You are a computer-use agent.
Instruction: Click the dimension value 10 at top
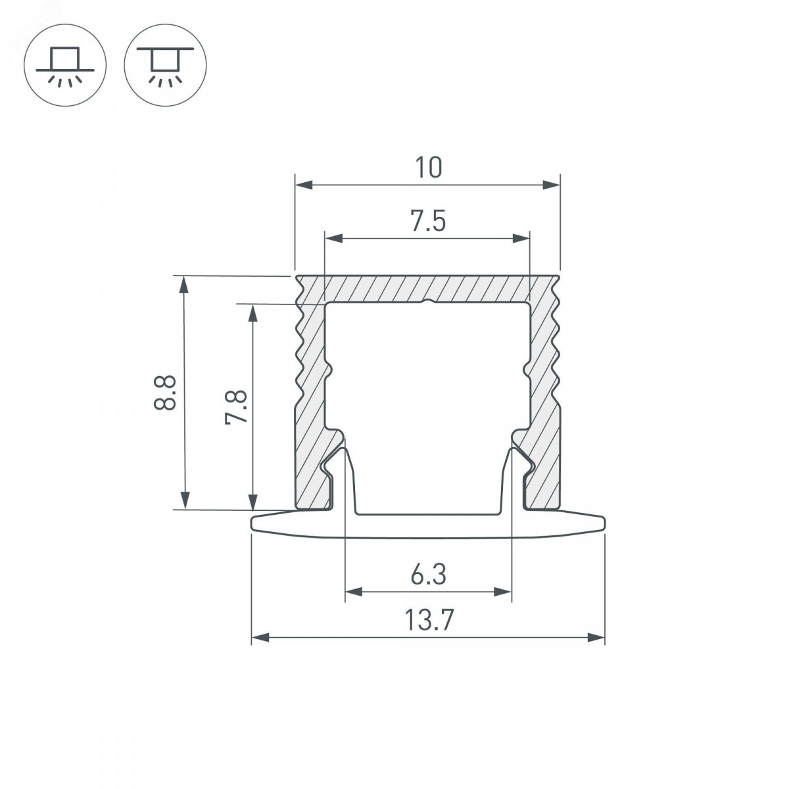pos(428,168)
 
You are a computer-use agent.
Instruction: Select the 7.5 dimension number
pos(428,220)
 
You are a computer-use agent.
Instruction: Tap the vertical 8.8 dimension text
pos(164,393)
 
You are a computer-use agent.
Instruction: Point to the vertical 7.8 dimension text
pos(236,408)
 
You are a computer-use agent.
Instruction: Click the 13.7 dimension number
pos(429,620)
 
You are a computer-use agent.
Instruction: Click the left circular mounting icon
pos(65,65)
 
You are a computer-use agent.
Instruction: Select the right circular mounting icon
pos(166,65)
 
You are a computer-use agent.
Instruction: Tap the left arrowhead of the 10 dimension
pos(304,185)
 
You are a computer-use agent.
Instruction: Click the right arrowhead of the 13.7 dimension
pos(596,638)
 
